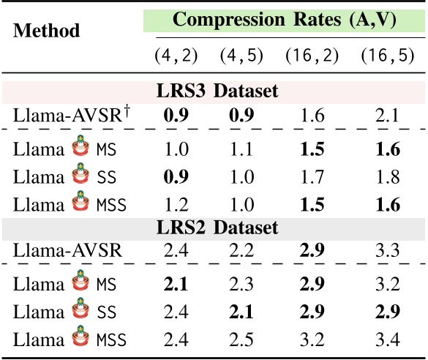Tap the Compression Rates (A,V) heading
pyautogui.click(x=284, y=20)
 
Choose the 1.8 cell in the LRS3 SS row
pyautogui.click(x=388, y=178)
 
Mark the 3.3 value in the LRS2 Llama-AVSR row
pyautogui.click(x=388, y=250)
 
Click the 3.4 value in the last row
pyautogui.click(x=388, y=339)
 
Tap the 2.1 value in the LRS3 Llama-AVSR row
pyautogui.click(x=388, y=115)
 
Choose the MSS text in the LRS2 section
pyautogui.click(x=112, y=340)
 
